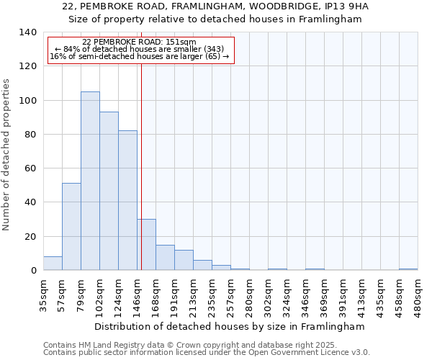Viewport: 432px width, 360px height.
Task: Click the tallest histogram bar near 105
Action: pyautogui.click(x=90, y=181)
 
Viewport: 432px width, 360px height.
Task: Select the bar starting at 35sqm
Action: pyautogui.click(x=53, y=264)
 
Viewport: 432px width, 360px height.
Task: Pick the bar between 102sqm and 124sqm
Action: pyautogui.click(x=109, y=191)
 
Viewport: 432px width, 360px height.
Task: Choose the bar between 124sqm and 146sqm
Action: pyautogui.click(x=127, y=200)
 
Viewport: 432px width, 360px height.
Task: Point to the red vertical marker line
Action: pyautogui.click(x=141, y=166)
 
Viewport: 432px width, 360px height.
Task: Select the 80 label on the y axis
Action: pyautogui.click(x=30, y=135)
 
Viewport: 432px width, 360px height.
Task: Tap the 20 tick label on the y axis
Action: pyautogui.click(x=30, y=237)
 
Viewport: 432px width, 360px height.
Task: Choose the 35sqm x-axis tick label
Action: pyautogui.click(x=43, y=292)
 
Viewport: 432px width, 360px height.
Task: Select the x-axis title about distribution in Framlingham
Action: pyautogui.click(x=230, y=326)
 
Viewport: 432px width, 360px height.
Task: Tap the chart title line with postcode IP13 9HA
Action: pyautogui.click(x=215, y=6)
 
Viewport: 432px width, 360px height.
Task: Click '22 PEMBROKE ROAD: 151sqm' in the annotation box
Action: pyautogui.click(x=139, y=42)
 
